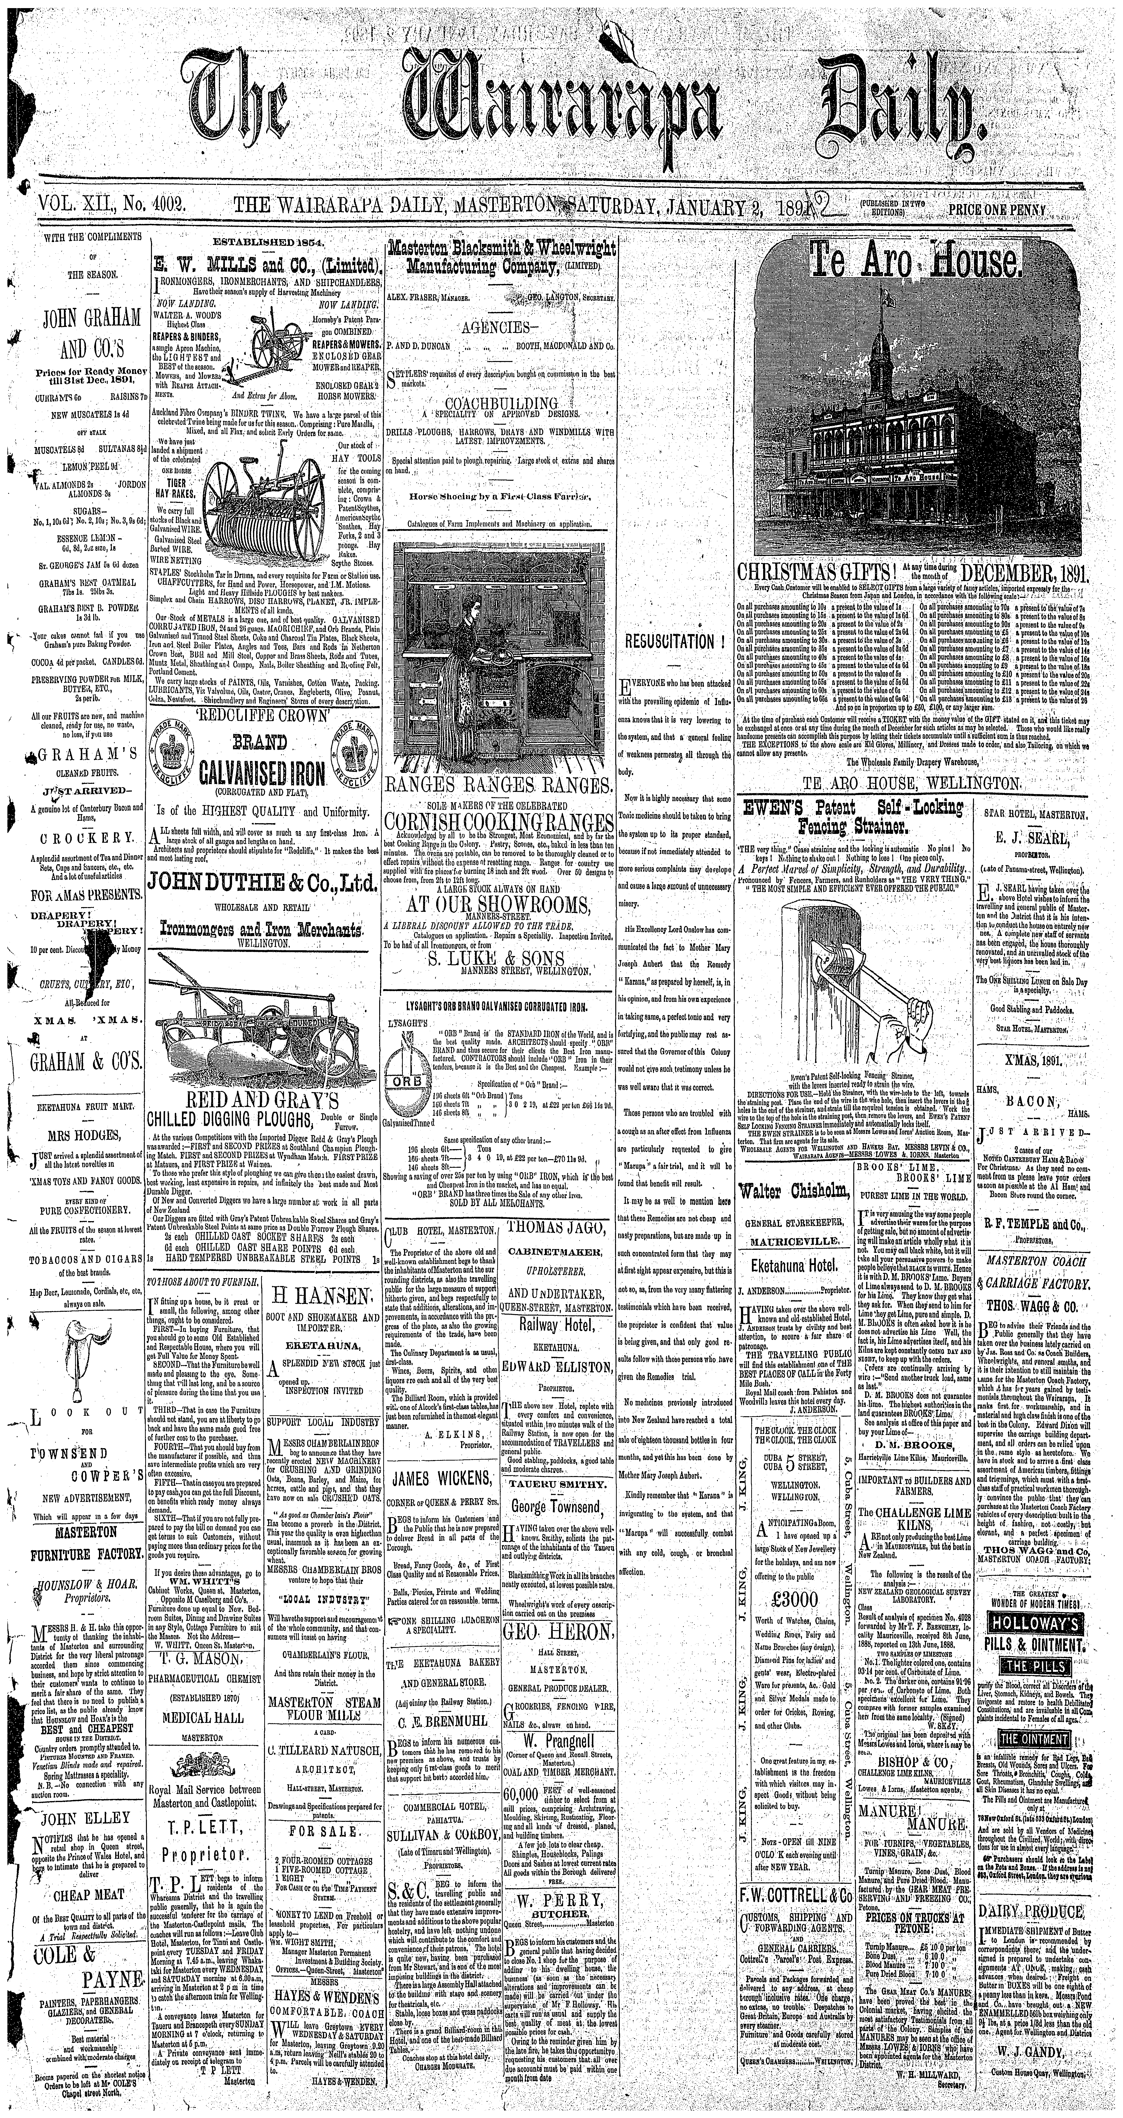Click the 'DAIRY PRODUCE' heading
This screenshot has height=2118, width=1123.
tap(1031, 1883)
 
